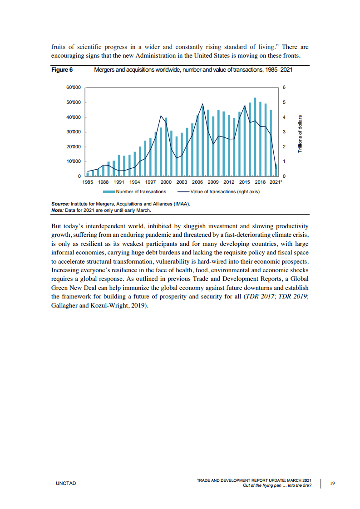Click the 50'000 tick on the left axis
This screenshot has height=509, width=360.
click(74, 102)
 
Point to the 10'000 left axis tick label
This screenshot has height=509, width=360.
click(74, 162)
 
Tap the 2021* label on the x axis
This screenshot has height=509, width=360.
click(276, 182)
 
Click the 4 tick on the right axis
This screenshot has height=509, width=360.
click(284, 117)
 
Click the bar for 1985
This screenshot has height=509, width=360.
click(88, 174)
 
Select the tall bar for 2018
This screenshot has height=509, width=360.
click(255, 136)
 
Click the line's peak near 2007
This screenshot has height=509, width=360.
click(202, 104)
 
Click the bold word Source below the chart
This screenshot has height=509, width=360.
click(60, 204)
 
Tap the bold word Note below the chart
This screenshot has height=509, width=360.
click(57, 210)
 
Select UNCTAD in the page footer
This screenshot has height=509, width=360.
click(66, 483)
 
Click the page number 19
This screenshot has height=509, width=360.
click(332, 483)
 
